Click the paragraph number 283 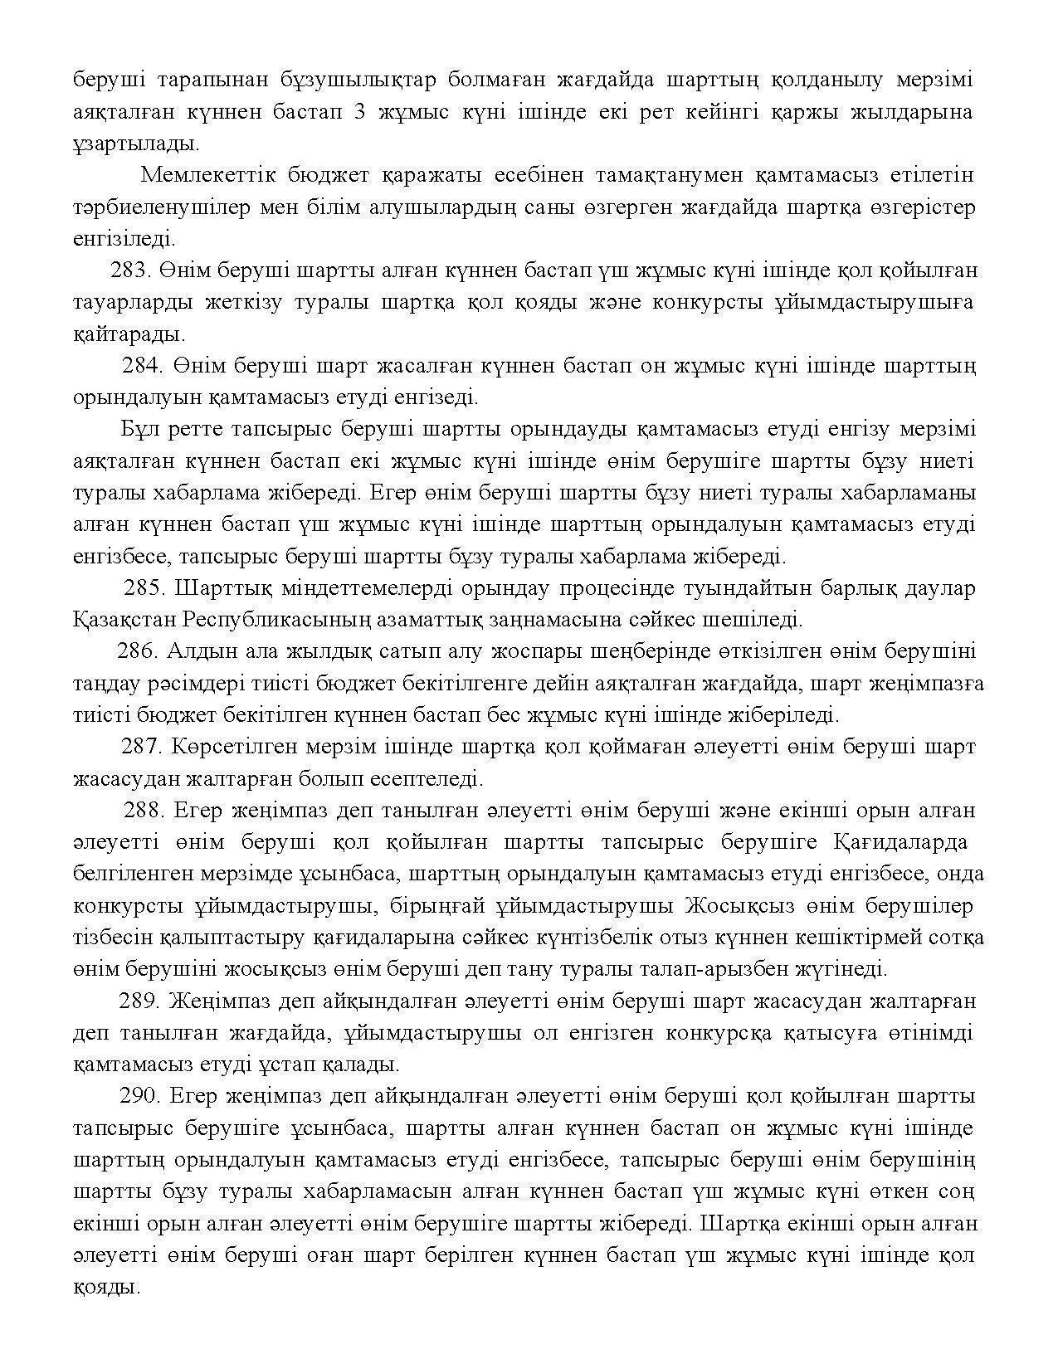coord(129,270)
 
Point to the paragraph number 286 coord(137,651)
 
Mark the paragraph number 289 coord(139,1001)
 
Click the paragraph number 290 coord(140,1096)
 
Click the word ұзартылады coord(136,144)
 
